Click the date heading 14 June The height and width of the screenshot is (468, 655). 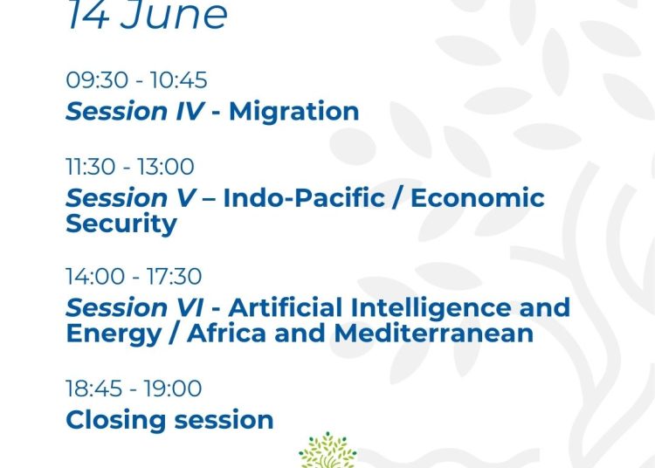[x=148, y=15]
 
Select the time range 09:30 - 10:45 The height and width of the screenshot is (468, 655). [x=136, y=79]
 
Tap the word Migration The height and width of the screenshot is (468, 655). [x=294, y=113]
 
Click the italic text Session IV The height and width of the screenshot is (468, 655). [x=134, y=112]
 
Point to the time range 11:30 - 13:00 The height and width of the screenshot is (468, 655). [x=130, y=167]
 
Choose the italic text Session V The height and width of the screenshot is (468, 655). [x=131, y=198]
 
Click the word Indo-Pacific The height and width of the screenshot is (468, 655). [x=304, y=198]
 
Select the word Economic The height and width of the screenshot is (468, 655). [x=478, y=198]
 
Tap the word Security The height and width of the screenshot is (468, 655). [x=121, y=224]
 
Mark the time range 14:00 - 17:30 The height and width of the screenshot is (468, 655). [x=134, y=277]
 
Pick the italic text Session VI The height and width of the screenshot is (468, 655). [x=134, y=307]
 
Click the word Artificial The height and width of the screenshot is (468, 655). [x=286, y=307]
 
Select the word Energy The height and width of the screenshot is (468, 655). [x=114, y=334]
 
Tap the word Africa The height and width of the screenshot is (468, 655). [x=226, y=334]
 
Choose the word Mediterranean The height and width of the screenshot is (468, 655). [x=433, y=334]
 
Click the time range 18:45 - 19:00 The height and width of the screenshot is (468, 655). [x=134, y=389]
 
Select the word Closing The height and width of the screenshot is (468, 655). [x=115, y=420]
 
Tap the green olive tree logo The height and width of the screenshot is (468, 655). [x=327, y=450]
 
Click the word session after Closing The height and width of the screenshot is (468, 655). [x=224, y=420]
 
